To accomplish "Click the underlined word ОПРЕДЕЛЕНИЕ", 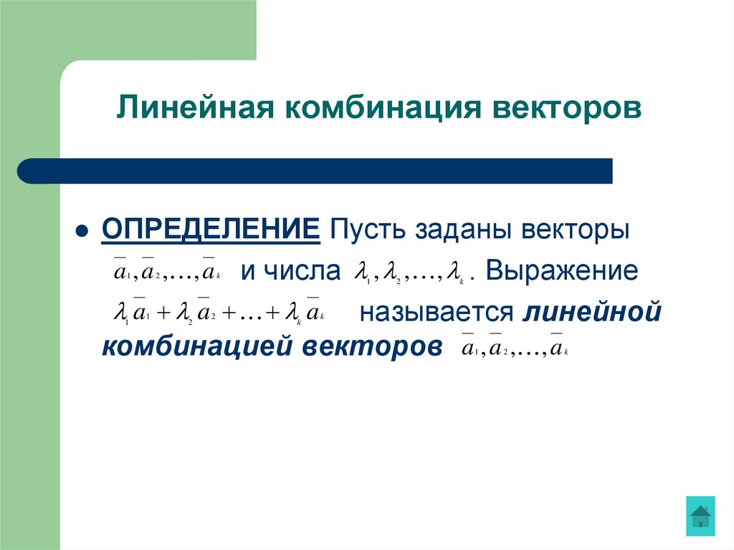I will [211, 232].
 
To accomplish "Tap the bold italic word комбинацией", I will [194, 347].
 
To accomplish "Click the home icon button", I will [700, 515].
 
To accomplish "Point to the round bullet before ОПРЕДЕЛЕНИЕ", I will [82, 232].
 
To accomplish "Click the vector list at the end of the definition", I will [514, 349].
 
